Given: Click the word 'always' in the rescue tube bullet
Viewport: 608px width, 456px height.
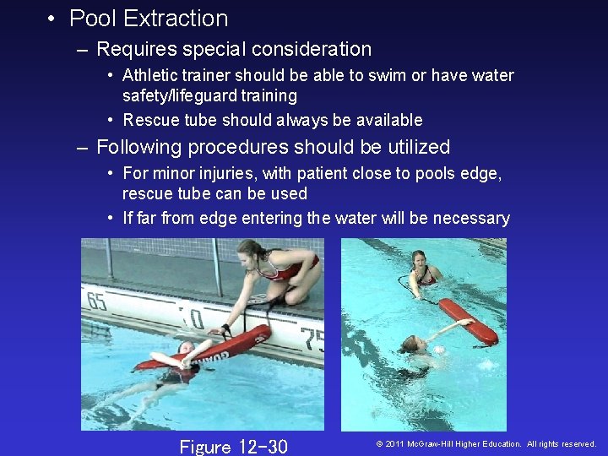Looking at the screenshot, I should tap(288, 120).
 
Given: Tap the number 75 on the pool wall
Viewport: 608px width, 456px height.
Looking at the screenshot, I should tap(312, 337).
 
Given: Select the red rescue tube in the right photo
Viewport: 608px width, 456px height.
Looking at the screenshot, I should tap(469, 322).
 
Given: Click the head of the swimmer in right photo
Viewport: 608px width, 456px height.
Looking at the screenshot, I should tap(411, 344).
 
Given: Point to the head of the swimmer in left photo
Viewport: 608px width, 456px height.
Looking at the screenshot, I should tap(185, 348).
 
